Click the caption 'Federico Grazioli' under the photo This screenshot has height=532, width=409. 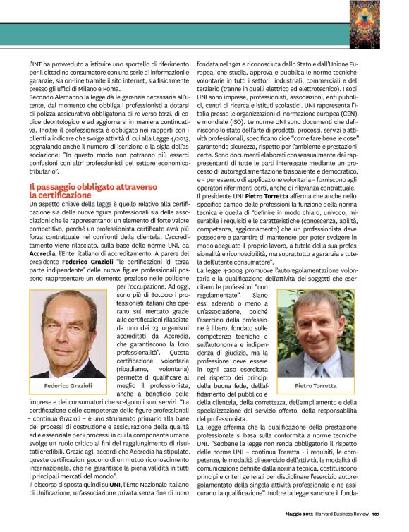coord(68,386)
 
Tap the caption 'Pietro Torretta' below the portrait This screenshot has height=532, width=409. coord(336,386)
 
